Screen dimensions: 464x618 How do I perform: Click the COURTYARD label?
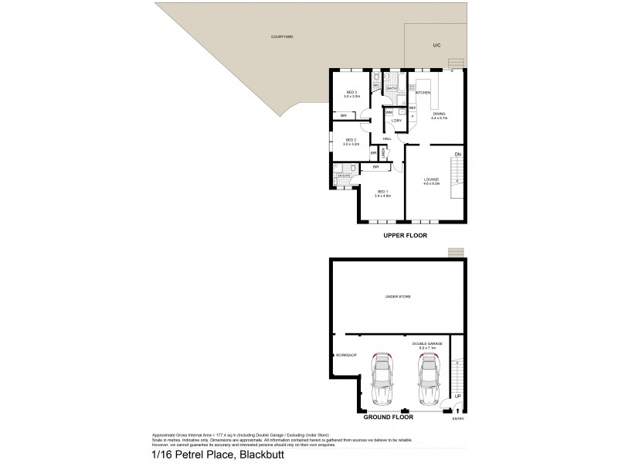282,36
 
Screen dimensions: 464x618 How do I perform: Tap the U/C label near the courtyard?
436,46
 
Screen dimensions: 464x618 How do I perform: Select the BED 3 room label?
351,94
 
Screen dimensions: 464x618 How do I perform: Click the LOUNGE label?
431,181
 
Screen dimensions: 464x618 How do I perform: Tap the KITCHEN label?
423,93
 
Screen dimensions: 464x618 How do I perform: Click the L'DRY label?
396,121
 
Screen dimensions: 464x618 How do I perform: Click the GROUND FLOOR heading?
388,417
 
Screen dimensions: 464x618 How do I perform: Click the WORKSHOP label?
345,355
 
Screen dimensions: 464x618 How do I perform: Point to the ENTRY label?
459,418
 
